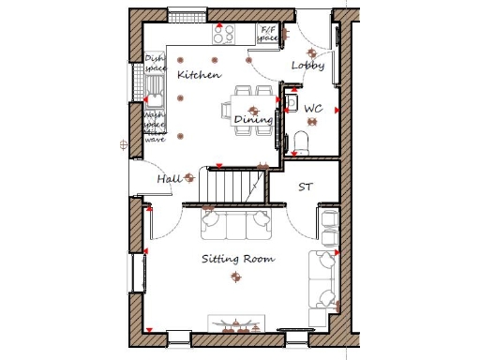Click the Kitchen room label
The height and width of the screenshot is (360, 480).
pos(199,74)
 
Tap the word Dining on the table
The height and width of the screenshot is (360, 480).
pos(253,119)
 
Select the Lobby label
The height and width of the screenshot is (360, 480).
pos(307,66)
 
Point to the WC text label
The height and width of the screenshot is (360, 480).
pos(313,109)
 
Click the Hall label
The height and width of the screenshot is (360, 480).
pos(170,178)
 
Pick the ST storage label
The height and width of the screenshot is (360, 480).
pos(306,187)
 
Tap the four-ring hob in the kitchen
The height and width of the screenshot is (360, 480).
pos(224,35)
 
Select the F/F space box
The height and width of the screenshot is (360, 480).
pos(268,35)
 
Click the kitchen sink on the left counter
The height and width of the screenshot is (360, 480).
pos(155,96)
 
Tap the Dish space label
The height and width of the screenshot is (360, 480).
pos(155,65)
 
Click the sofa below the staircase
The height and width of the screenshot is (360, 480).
pos(234,224)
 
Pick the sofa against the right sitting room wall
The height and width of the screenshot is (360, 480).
pos(325,278)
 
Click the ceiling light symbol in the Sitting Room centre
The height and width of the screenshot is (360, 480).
pos(235,276)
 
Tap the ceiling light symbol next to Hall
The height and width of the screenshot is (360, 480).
pos(190,175)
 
